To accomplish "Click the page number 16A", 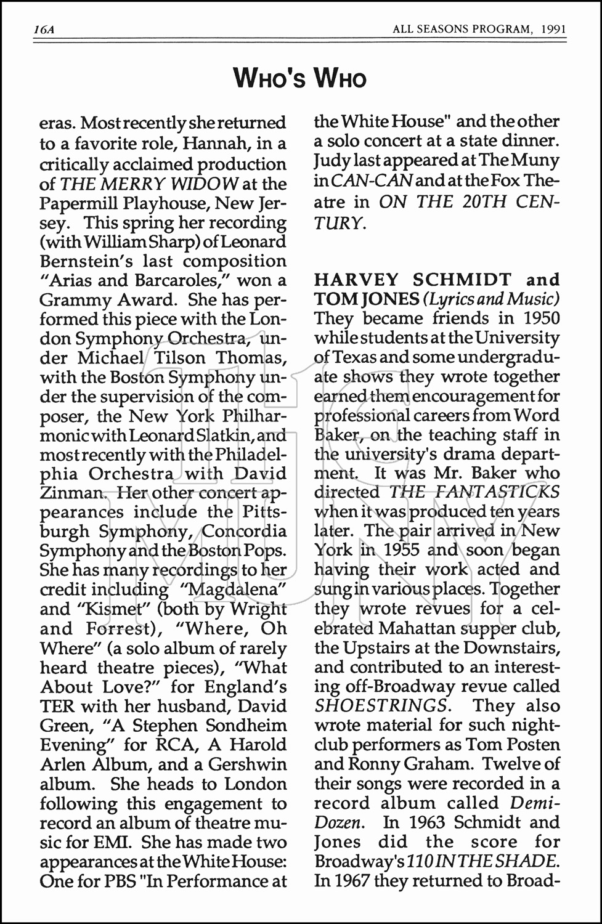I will coord(44,29).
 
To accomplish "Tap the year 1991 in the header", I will coord(551,29).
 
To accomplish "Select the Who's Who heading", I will coord(300,79).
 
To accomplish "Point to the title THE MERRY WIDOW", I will coord(149,184).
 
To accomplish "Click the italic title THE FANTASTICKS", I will coord(474,492).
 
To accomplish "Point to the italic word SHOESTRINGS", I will coord(381,705).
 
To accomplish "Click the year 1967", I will coord(351,880).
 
